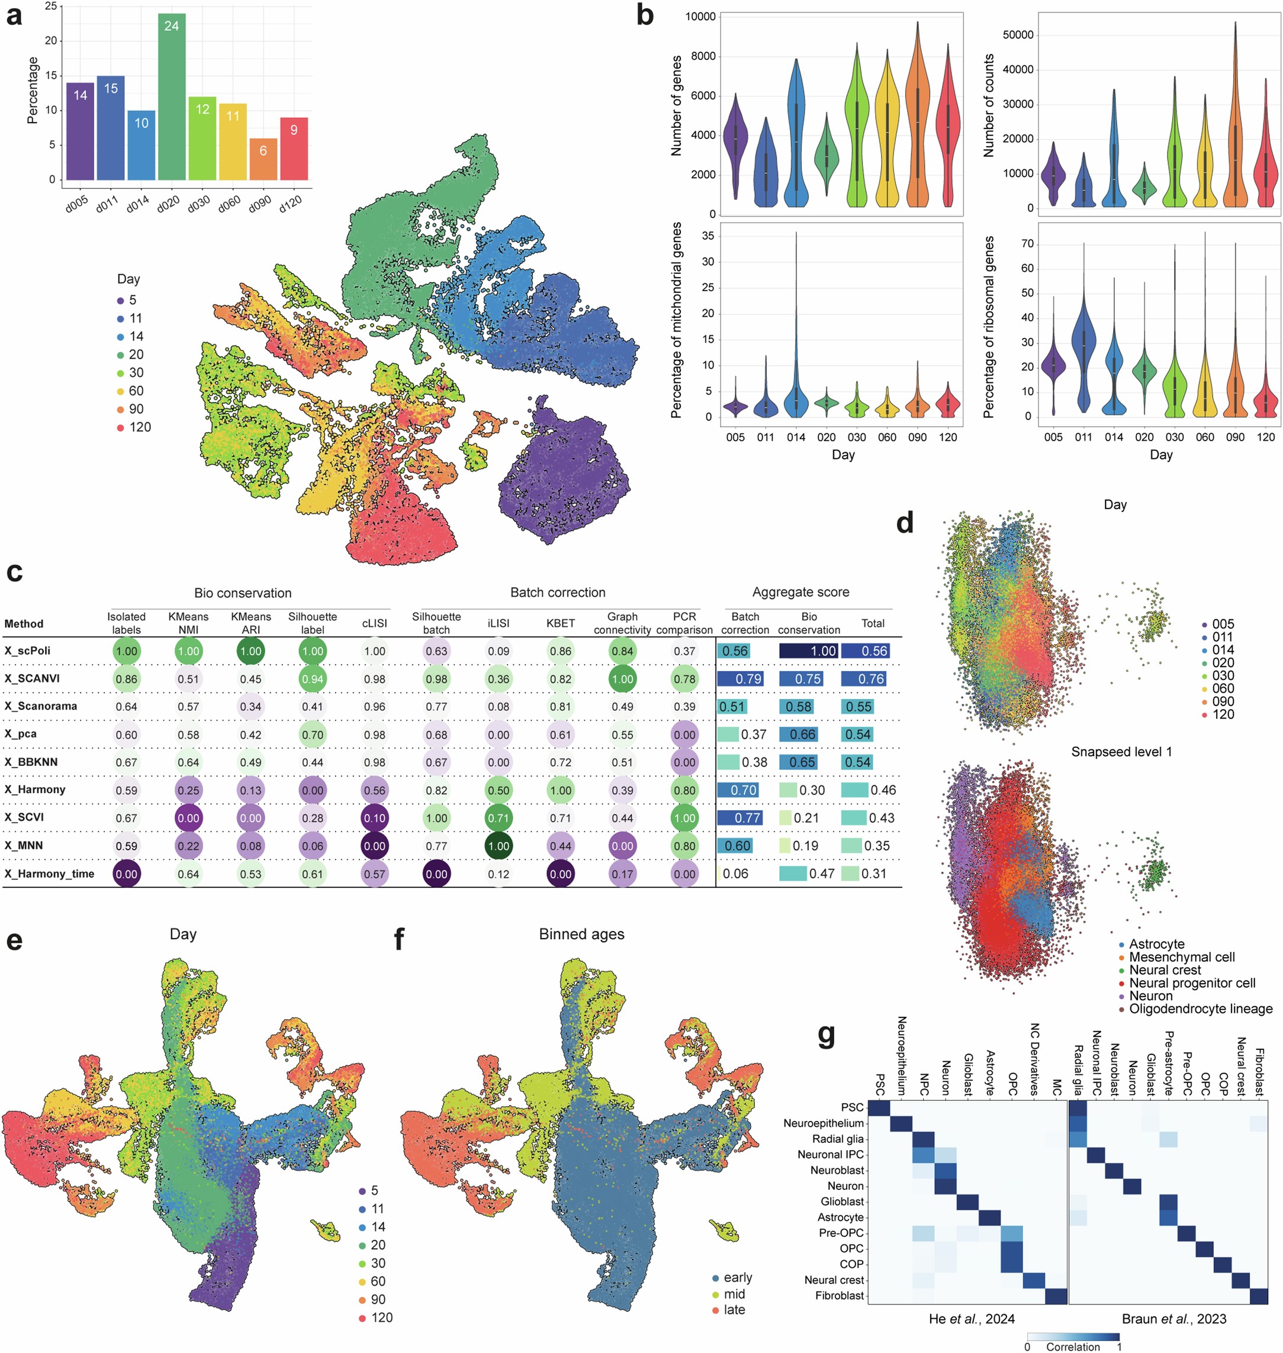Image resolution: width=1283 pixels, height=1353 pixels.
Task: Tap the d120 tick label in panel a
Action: tap(291, 203)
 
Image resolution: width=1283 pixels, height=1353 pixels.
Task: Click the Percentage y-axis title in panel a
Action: tap(32, 90)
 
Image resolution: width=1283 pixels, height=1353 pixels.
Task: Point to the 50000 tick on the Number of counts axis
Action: tap(1018, 35)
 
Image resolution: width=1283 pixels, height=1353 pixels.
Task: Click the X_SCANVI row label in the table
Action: tap(32, 678)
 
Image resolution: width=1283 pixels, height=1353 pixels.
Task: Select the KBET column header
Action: tap(560, 623)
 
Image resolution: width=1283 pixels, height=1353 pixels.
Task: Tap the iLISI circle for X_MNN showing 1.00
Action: tap(499, 846)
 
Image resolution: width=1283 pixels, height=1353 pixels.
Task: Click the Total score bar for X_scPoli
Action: tap(865, 651)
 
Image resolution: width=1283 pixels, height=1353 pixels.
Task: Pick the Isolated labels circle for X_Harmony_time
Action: tap(127, 874)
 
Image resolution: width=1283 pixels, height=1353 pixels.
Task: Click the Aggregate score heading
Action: tap(801, 592)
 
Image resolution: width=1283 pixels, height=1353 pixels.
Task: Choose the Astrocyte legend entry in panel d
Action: tap(1156, 944)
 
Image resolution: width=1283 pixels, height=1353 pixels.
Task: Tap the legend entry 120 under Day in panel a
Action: tap(140, 427)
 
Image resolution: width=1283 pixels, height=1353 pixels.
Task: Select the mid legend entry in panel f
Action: tap(734, 1294)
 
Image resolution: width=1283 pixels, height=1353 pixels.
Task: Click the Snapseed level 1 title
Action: tap(1121, 752)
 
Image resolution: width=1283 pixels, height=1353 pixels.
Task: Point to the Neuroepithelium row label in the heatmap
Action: tap(824, 1123)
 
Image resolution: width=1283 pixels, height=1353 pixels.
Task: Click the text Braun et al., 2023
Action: tap(1174, 1319)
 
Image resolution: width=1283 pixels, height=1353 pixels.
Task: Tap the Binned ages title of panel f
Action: tap(581, 934)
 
